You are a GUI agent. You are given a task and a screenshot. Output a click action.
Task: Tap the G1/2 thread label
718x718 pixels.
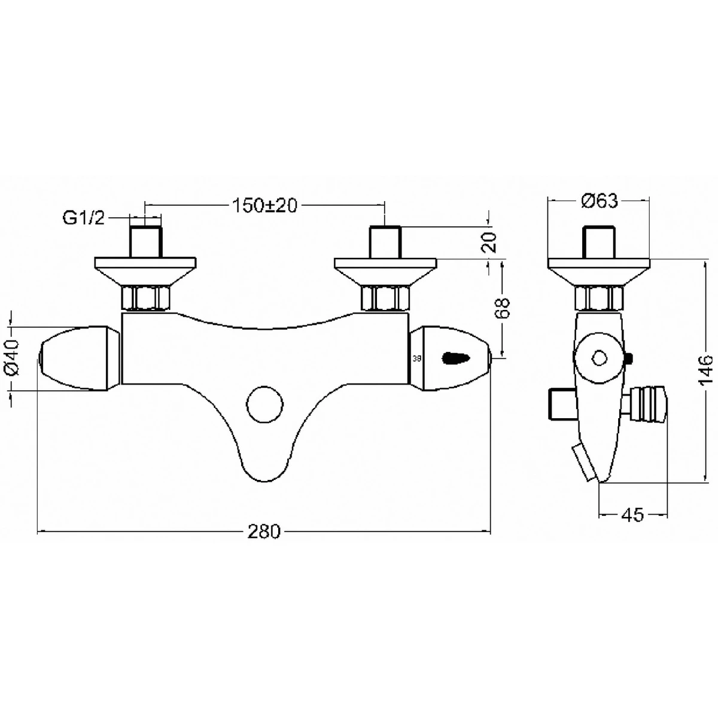[x=84, y=218]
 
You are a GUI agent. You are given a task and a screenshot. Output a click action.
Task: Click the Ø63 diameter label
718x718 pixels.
[x=599, y=202]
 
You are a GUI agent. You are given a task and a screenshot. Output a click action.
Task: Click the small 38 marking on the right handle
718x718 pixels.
[x=417, y=359]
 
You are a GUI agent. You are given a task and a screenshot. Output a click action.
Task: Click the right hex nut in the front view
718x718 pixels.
[x=385, y=297]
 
